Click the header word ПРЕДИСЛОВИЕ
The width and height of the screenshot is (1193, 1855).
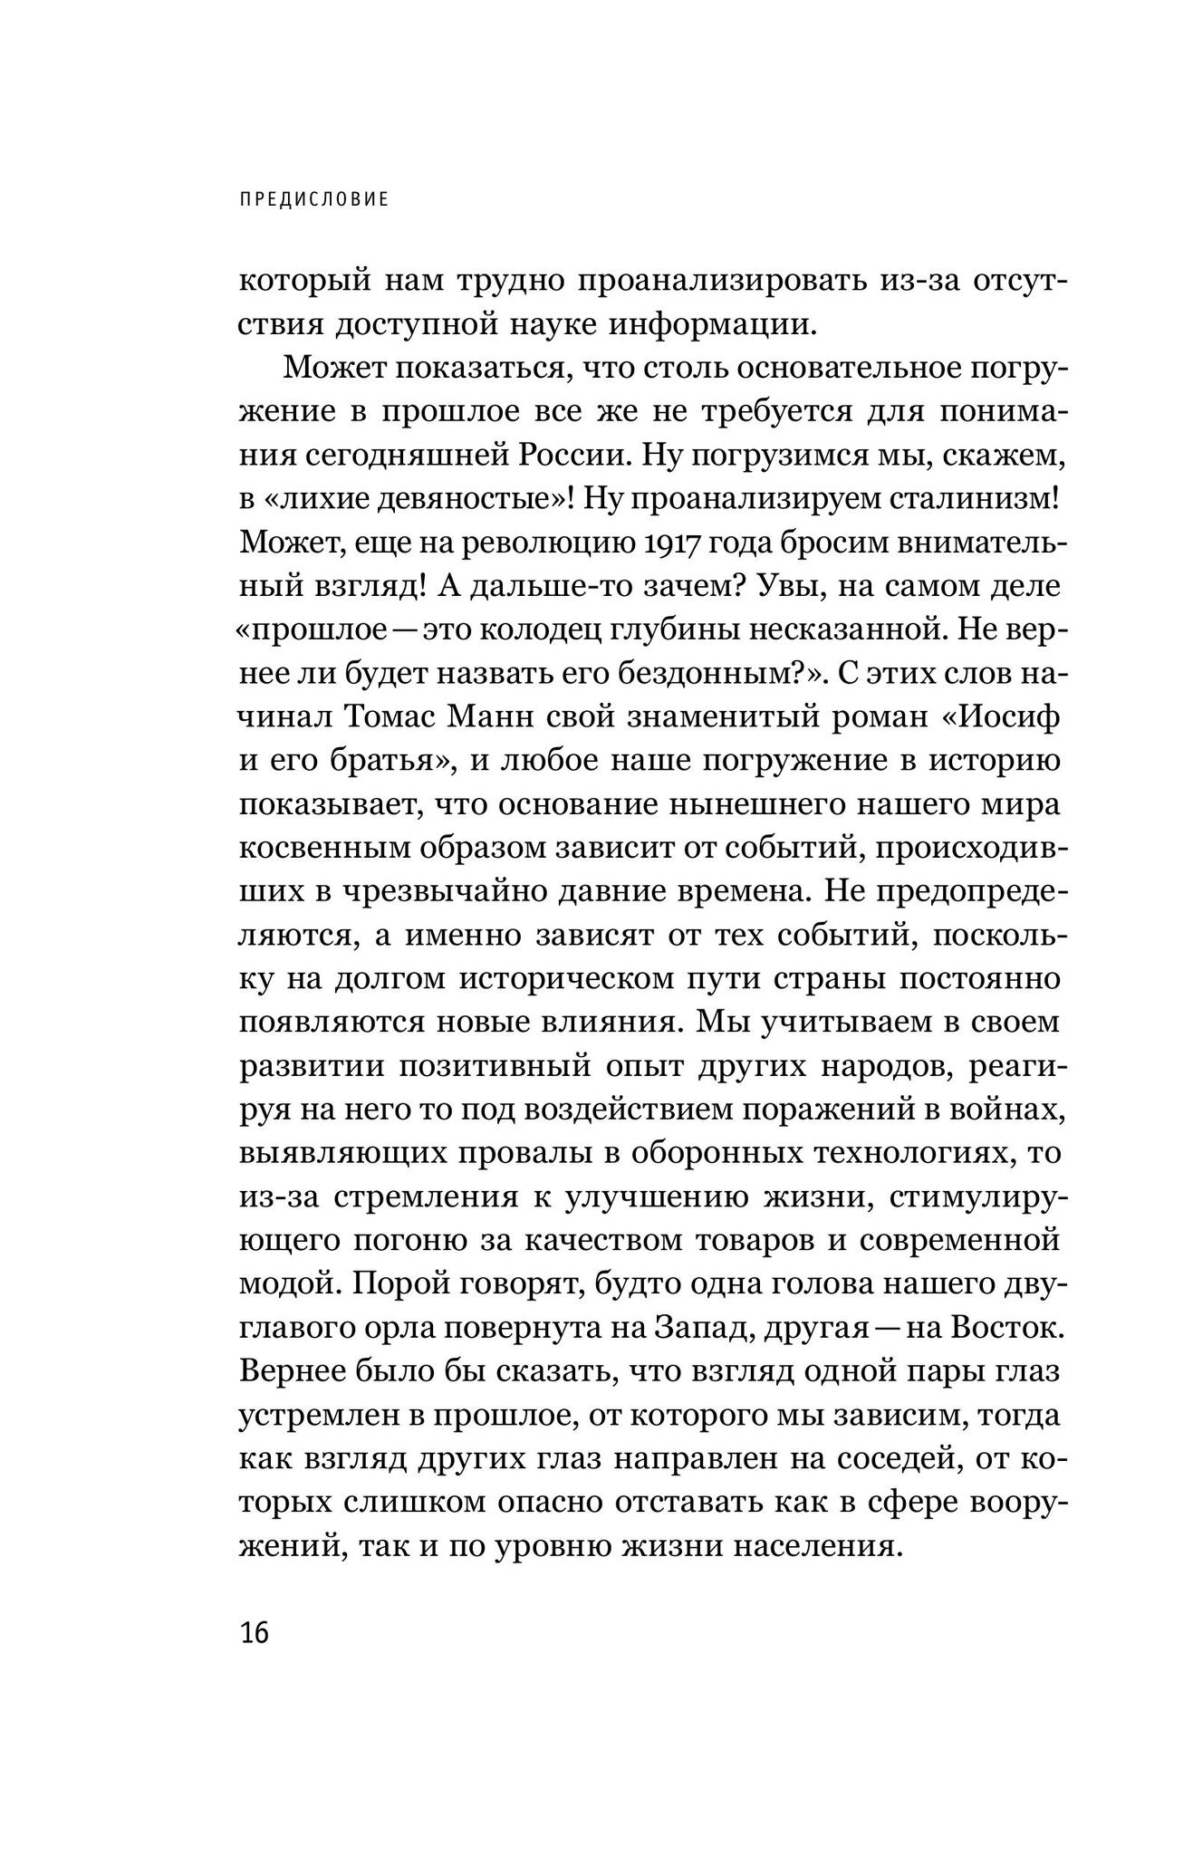point(314,199)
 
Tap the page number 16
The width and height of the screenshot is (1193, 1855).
point(255,1633)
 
